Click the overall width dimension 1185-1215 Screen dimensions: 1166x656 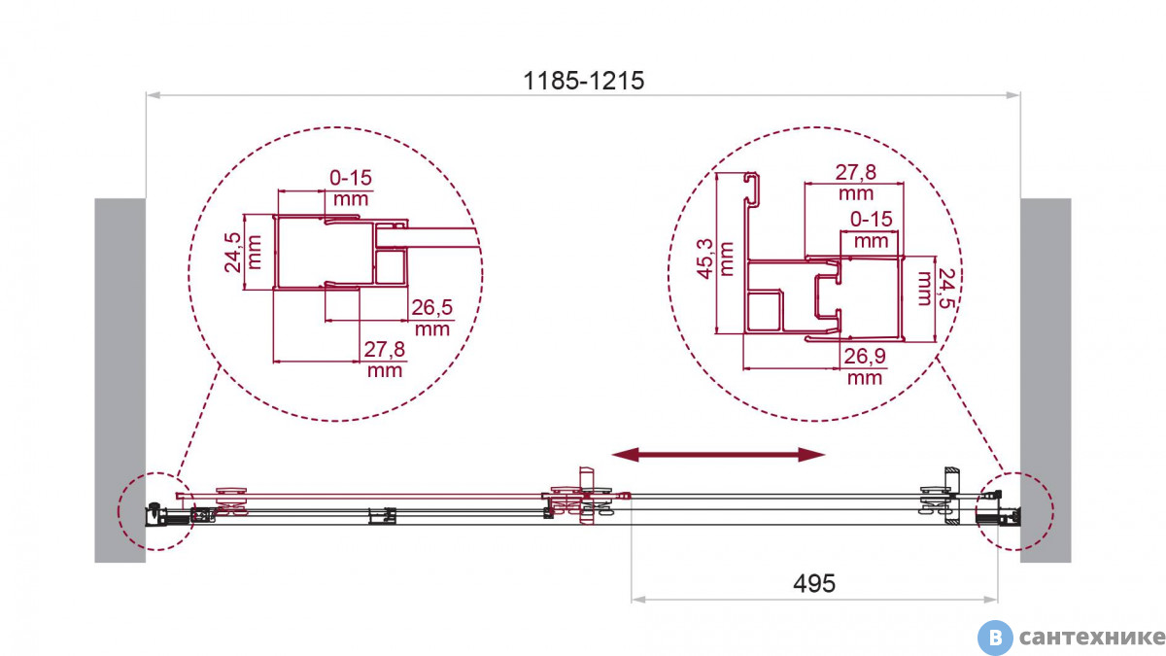(583, 82)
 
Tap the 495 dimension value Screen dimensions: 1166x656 (814, 584)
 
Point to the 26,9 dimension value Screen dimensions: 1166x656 (865, 356)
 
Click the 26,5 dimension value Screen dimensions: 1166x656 (432, 308)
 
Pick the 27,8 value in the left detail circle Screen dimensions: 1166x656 (384, 349)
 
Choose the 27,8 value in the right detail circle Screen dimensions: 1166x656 (856, 172)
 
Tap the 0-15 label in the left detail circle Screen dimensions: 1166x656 (351, 178)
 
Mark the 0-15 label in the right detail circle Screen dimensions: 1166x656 (872, 220)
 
